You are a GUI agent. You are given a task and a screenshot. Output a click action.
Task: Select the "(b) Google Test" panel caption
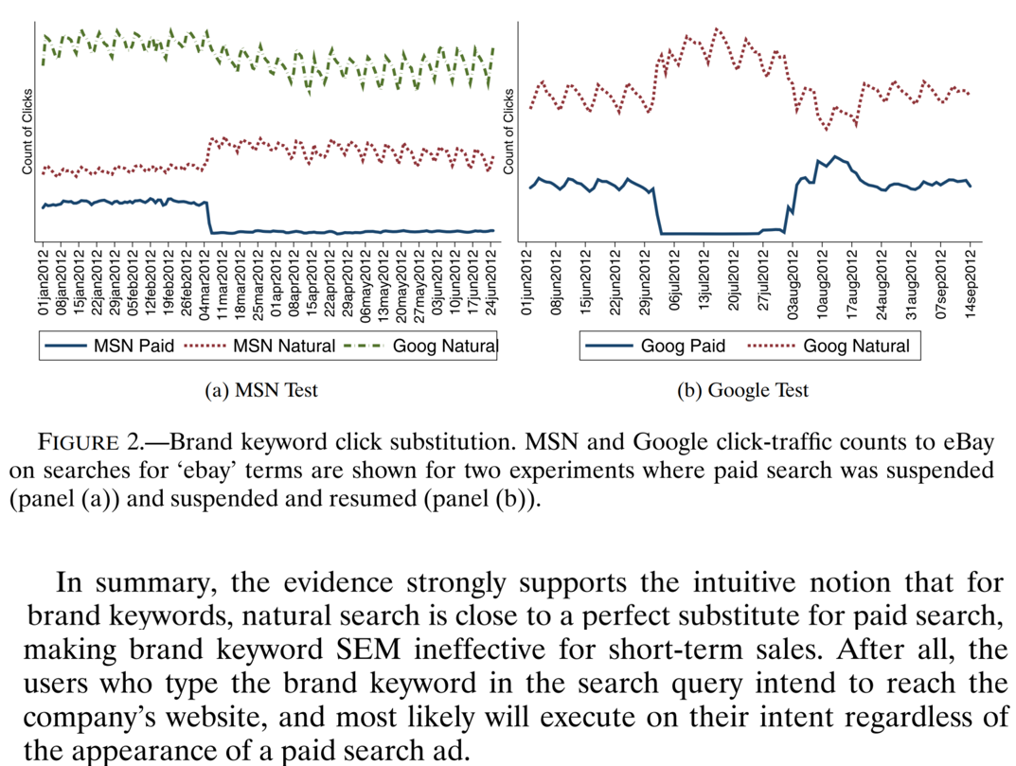pyautogui.click(x=743, y=390)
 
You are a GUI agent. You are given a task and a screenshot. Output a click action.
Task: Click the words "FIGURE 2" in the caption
pyautogui.click(x=90, y=442)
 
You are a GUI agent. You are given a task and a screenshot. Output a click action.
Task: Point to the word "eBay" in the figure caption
pyautogui.click(x=966, y=442)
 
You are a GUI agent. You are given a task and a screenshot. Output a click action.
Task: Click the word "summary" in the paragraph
pyautogui.click(x=145, y=582)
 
